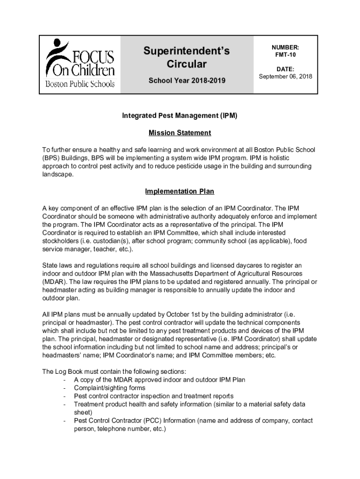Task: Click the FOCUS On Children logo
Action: click(80, 65)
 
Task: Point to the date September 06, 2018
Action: click(285, 76)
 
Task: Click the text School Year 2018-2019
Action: click(187, 81)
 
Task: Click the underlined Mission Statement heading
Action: click(180, 133)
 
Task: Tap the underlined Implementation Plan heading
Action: click(180, 191)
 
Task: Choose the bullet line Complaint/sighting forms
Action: click(109, 388)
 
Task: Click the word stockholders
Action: click(61, 241)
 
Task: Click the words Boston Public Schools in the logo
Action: click(80, 85)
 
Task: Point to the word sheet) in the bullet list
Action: click(83, 413)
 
